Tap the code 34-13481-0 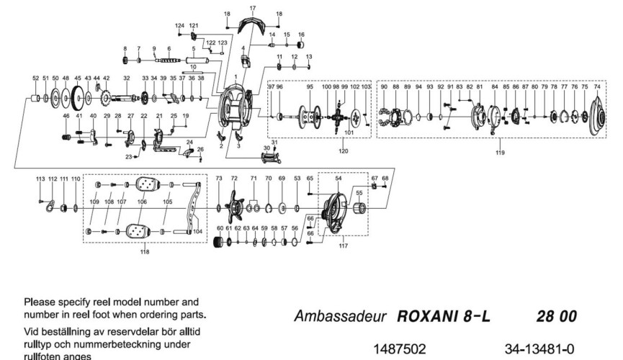(x=539, y=348)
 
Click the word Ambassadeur (x=340, y=316)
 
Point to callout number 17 (x=252, y=7)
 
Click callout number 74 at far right (x=596, y=86)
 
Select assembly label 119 (x=500, y=153)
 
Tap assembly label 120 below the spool (x=343, y=151)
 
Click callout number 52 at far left (x=35, y=78)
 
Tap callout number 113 (x=40, y=178)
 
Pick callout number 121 (x=193, y=26)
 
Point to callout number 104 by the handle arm (x=197, y=231)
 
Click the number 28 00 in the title (x=553, y=316)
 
